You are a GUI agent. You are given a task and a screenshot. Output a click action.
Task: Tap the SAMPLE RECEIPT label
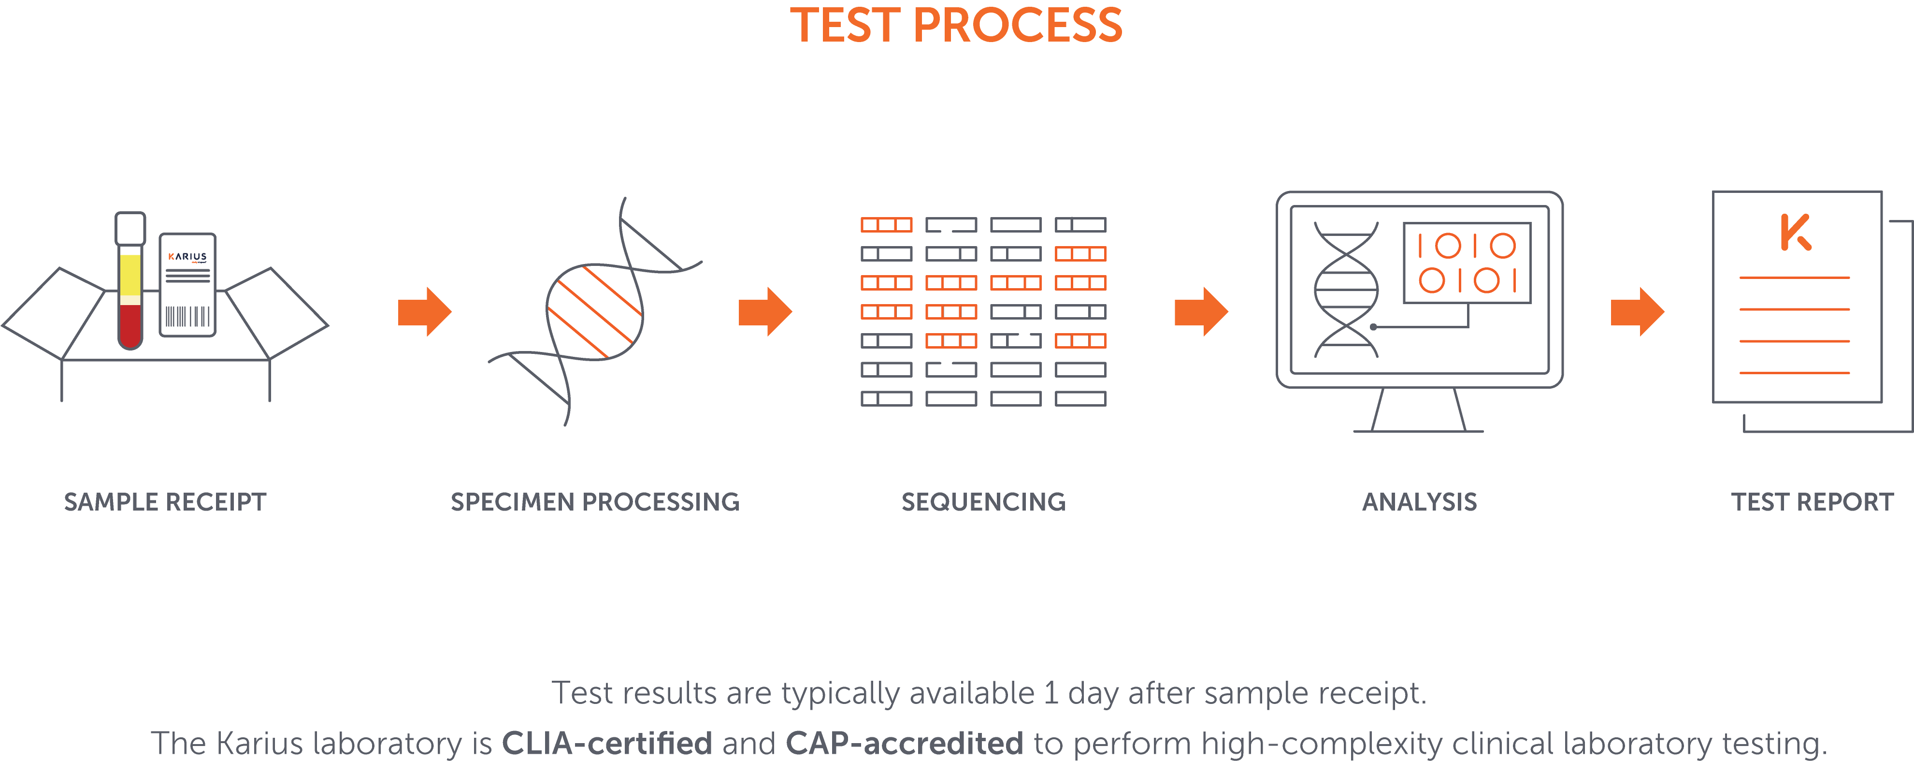tap(165, 502)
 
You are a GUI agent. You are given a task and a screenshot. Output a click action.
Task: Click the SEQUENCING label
tap(983, 502)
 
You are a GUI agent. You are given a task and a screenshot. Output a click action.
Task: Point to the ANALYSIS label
tap(1419, 502)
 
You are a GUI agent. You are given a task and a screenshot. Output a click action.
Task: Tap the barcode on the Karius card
tap(187, 316)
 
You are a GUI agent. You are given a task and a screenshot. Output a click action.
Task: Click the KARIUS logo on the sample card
tap(187, 256)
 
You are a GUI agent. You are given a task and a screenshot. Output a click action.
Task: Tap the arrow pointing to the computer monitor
tap(1201, 311)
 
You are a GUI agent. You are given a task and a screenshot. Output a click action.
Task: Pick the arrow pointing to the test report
tap(1637, 311)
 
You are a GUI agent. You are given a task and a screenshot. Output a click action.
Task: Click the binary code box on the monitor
tap(1467, 263)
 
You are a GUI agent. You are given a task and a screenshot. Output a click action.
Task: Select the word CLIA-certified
tap(606, 743)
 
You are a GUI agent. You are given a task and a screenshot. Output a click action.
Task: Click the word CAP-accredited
tap(904, 743)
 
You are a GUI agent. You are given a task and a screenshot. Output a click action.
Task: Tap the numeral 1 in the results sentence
tap(1051, 693)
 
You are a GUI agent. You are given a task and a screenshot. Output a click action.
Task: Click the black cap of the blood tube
tap(130, 227)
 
